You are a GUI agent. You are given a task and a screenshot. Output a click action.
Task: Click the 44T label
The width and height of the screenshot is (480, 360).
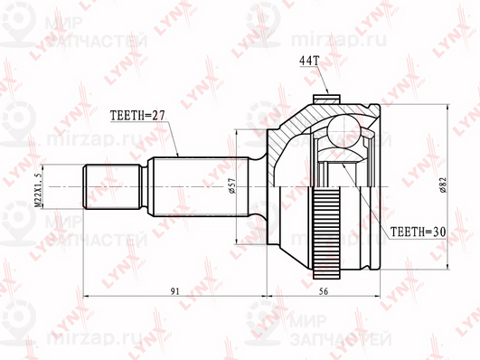311,62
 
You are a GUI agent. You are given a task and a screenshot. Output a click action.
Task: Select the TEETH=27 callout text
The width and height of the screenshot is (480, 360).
135,117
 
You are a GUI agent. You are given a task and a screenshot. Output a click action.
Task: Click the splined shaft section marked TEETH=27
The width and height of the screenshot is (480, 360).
181,185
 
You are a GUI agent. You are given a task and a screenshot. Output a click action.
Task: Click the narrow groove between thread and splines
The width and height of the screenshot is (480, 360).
145,185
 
